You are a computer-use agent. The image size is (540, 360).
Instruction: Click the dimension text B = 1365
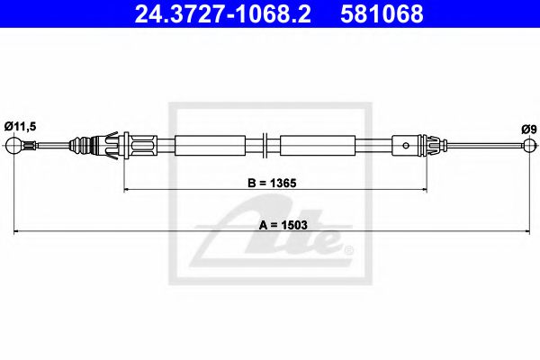(272, 182)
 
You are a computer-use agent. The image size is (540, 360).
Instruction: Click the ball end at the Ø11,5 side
(15, 145)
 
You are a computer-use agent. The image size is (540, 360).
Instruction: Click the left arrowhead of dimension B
(126, 189)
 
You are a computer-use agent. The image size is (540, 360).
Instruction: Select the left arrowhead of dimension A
(17, 233)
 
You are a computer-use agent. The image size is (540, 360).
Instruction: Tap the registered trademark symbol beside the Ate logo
(348, 250)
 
